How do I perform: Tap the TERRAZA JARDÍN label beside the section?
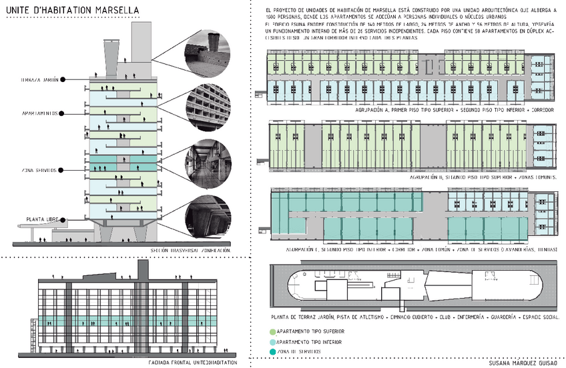point(39,80)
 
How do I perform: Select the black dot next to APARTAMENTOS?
point(62,113)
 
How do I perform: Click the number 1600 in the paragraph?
point(272,15)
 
